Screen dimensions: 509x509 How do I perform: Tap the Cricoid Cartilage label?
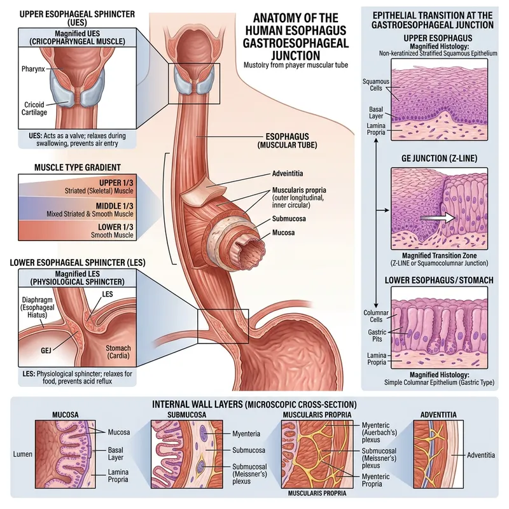26,109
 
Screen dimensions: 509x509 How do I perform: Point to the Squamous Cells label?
375,86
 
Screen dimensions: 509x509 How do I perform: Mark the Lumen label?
22,455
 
